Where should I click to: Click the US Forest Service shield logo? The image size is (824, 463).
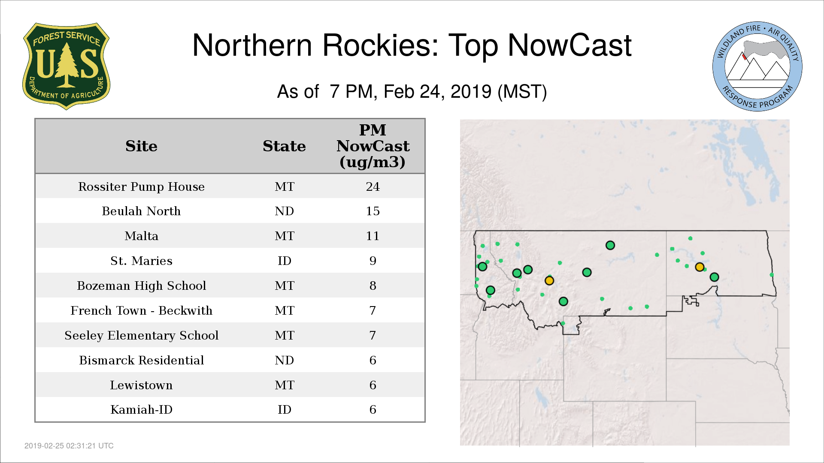pyautogui.click(x=66, y=66)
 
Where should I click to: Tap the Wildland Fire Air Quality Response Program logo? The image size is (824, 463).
pyautogui.click(x=757, y=66)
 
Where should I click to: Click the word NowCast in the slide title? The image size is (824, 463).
pyautogui.click(x=570, y=45)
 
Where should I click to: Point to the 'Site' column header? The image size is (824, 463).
pyautogui.click(x=141, y=146)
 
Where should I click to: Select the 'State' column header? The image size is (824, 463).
pyautogui.click(x=284, y=146)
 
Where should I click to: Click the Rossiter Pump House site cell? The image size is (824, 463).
pyautogui.click(x=141, y=186)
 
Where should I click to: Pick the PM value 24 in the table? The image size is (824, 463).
pyautogui.click(x=373, y=186)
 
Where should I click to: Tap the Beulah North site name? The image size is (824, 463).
pyautogui.click(x=141, y=211)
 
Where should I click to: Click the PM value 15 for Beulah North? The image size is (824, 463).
pyautogui.click(x=373, y=211)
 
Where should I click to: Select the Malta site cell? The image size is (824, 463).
pyautogui.click(x=141, y=236)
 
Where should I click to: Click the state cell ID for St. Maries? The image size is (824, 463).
pyautogui.click(x=284, y=261)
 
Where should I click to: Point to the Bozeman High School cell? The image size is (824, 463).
pyautogui.click(x=141, y=286)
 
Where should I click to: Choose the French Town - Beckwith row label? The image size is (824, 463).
pyautogui.click(x=141, y=310)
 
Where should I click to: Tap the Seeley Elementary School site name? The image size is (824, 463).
pyautogui.click(x=141, y=335)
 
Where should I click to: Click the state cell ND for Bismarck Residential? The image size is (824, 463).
pyautogui.click(x=284, y=360)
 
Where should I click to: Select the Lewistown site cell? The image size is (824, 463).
pyautogui.click(x=141, y=385)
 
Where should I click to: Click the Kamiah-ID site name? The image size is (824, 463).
pyautogui.click(x=141, y=409)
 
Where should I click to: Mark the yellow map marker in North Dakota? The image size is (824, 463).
pyautogui.click(x=700, y=267)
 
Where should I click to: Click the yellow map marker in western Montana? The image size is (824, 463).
pyautogui.click(x=549, y=281)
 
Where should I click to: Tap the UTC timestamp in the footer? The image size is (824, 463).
pyautogui.click(x=69, y=446)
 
